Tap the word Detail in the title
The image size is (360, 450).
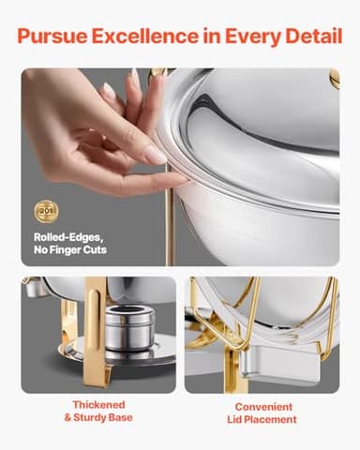pyautogui.click(x=308, y=38)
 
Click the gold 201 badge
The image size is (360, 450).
pyautogui.click(x=45, y=211)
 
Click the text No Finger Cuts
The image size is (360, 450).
pyautogui.click(x=70, y=250)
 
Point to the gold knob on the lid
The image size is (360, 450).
pyautogui.click(x=333, y=77)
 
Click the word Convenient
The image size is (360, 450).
pyautogui.click(x=263, y=407)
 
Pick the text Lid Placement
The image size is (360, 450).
pyautogui.click(x=263, y=420)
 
